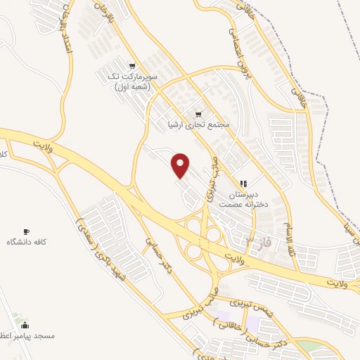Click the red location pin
coord(181,165)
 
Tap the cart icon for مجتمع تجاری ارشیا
coord(198,113)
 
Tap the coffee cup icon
coord(27,231)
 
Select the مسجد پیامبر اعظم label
coord(28,337)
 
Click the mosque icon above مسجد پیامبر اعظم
coord(25,325)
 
